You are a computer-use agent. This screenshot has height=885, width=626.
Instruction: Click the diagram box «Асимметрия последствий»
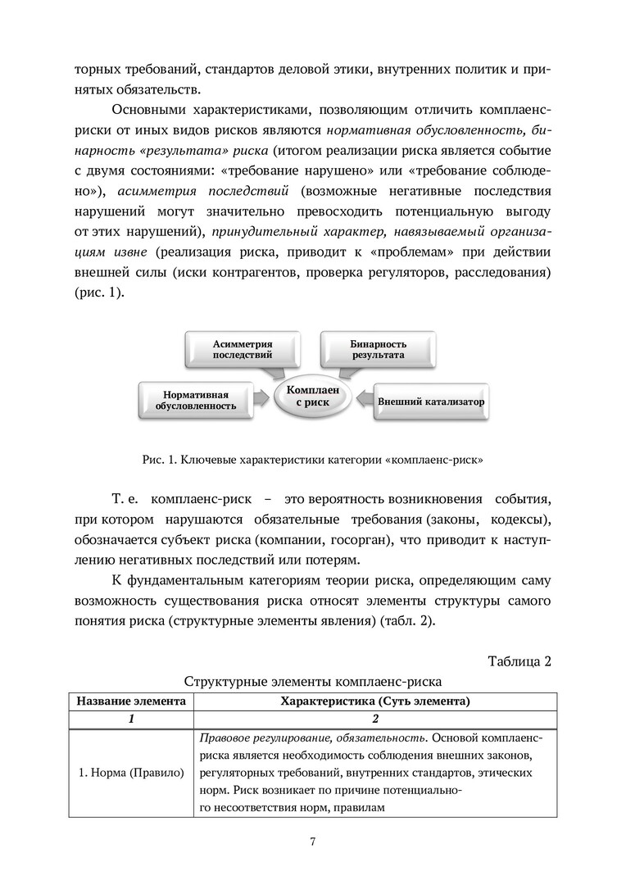[243, 350]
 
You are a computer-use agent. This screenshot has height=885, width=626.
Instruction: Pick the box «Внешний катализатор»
[430, 402]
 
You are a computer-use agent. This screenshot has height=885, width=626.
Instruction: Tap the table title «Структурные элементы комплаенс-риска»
[313, 682]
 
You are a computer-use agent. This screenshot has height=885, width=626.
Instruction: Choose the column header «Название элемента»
[131, 701]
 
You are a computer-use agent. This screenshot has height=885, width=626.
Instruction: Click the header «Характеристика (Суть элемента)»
[375, 701]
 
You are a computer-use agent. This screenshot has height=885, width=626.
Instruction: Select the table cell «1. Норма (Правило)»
[131, 773]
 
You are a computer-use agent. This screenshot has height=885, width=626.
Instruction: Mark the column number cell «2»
[375, 719]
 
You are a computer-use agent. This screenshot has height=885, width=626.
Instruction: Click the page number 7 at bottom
[313, 842]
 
